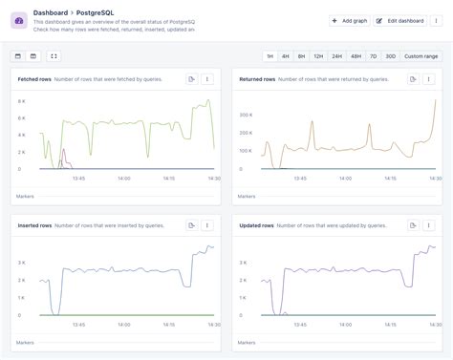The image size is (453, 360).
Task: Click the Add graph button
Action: (x=348, y=20)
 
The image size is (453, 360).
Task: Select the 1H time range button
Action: (x=270, y=56)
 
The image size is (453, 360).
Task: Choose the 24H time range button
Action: (x=336, y=56)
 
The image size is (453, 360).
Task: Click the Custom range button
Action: (x=421, y=56)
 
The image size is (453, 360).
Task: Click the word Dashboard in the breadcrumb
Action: (x=50, y=13)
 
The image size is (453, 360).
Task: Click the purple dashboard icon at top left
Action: (x=19, y=20)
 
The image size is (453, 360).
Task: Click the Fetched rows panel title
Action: (x=33, y=79)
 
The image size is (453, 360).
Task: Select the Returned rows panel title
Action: (x=258, y=79)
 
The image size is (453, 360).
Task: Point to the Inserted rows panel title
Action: (x=34, y=225)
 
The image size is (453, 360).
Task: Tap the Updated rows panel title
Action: (x=257, y=225)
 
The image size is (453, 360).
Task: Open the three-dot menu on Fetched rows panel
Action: (x=207, y=79)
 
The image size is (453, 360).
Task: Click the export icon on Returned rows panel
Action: (x=413, y=79)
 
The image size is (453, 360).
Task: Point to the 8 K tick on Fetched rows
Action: (x=21, y=100)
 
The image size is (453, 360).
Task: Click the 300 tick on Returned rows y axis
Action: (x=244, y=115)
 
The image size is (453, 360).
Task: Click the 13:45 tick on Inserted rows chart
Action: (x=78, y=324)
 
